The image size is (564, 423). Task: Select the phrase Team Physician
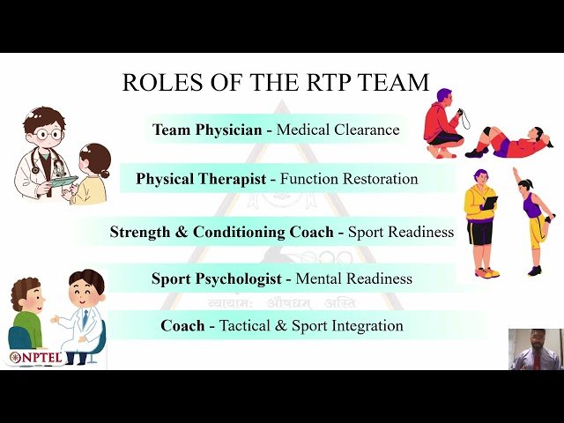(x=207, y=130)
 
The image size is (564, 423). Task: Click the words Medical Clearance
(x=338, y=130)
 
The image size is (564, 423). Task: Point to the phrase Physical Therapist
(x=201, y=179)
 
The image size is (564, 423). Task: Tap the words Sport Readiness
(x=401, y=233)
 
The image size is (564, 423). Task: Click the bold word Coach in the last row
(x=182, y=326)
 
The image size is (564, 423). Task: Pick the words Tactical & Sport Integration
(x=311, y=326)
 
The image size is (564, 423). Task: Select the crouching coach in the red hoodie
(x=442, y=123)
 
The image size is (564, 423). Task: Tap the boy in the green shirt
(x=26, y=313)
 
